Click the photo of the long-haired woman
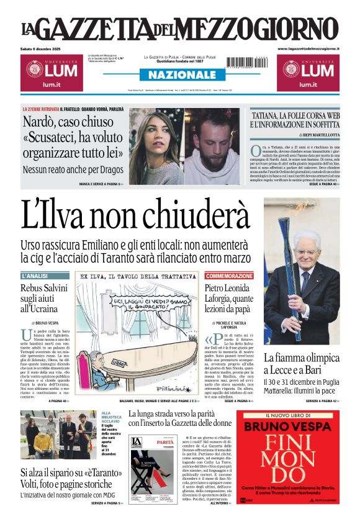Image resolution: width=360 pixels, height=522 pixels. (155, 146)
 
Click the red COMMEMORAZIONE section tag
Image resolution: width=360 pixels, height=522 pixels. (229, 276)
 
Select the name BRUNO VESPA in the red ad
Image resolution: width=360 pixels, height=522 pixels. (291, 426)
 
